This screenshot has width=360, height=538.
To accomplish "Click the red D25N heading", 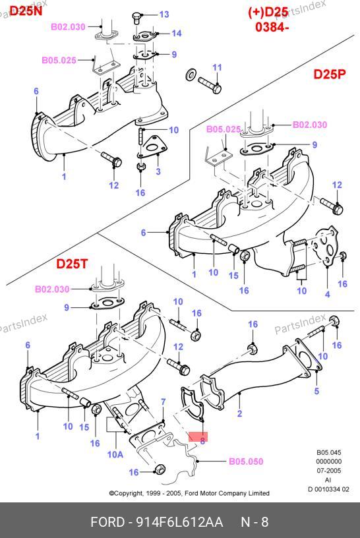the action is (x=26, y=11).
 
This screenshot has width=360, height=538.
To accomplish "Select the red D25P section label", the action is (x=330, y=74).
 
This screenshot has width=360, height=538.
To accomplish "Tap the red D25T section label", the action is (x=72, y=264).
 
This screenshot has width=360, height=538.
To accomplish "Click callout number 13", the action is (x=164, y=15).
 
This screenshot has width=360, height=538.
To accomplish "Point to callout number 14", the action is (x=177, y=33).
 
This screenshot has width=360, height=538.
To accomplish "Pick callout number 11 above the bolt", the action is (x=217, y=67).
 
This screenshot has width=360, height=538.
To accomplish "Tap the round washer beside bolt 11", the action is (x=191, y=74).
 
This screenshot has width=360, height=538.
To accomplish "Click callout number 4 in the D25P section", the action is (x=328, y=295).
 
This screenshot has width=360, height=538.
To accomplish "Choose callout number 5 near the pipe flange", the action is (x=316, y=391).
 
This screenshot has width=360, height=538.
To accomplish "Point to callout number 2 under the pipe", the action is (x=239, y=413).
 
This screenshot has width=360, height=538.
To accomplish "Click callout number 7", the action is (x=164, y=402).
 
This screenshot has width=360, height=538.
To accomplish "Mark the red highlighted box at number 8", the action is (x=198, y=436).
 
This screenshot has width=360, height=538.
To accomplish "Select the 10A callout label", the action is (x=115, y=454).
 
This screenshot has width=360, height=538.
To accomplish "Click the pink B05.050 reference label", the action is (x=246, y=461).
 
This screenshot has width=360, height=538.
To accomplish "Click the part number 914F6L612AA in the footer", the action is (x=179, y=522).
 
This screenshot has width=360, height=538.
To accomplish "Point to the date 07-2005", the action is (x=328, y=470).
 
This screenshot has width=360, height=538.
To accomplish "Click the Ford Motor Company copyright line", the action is (x=189, y=493).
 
